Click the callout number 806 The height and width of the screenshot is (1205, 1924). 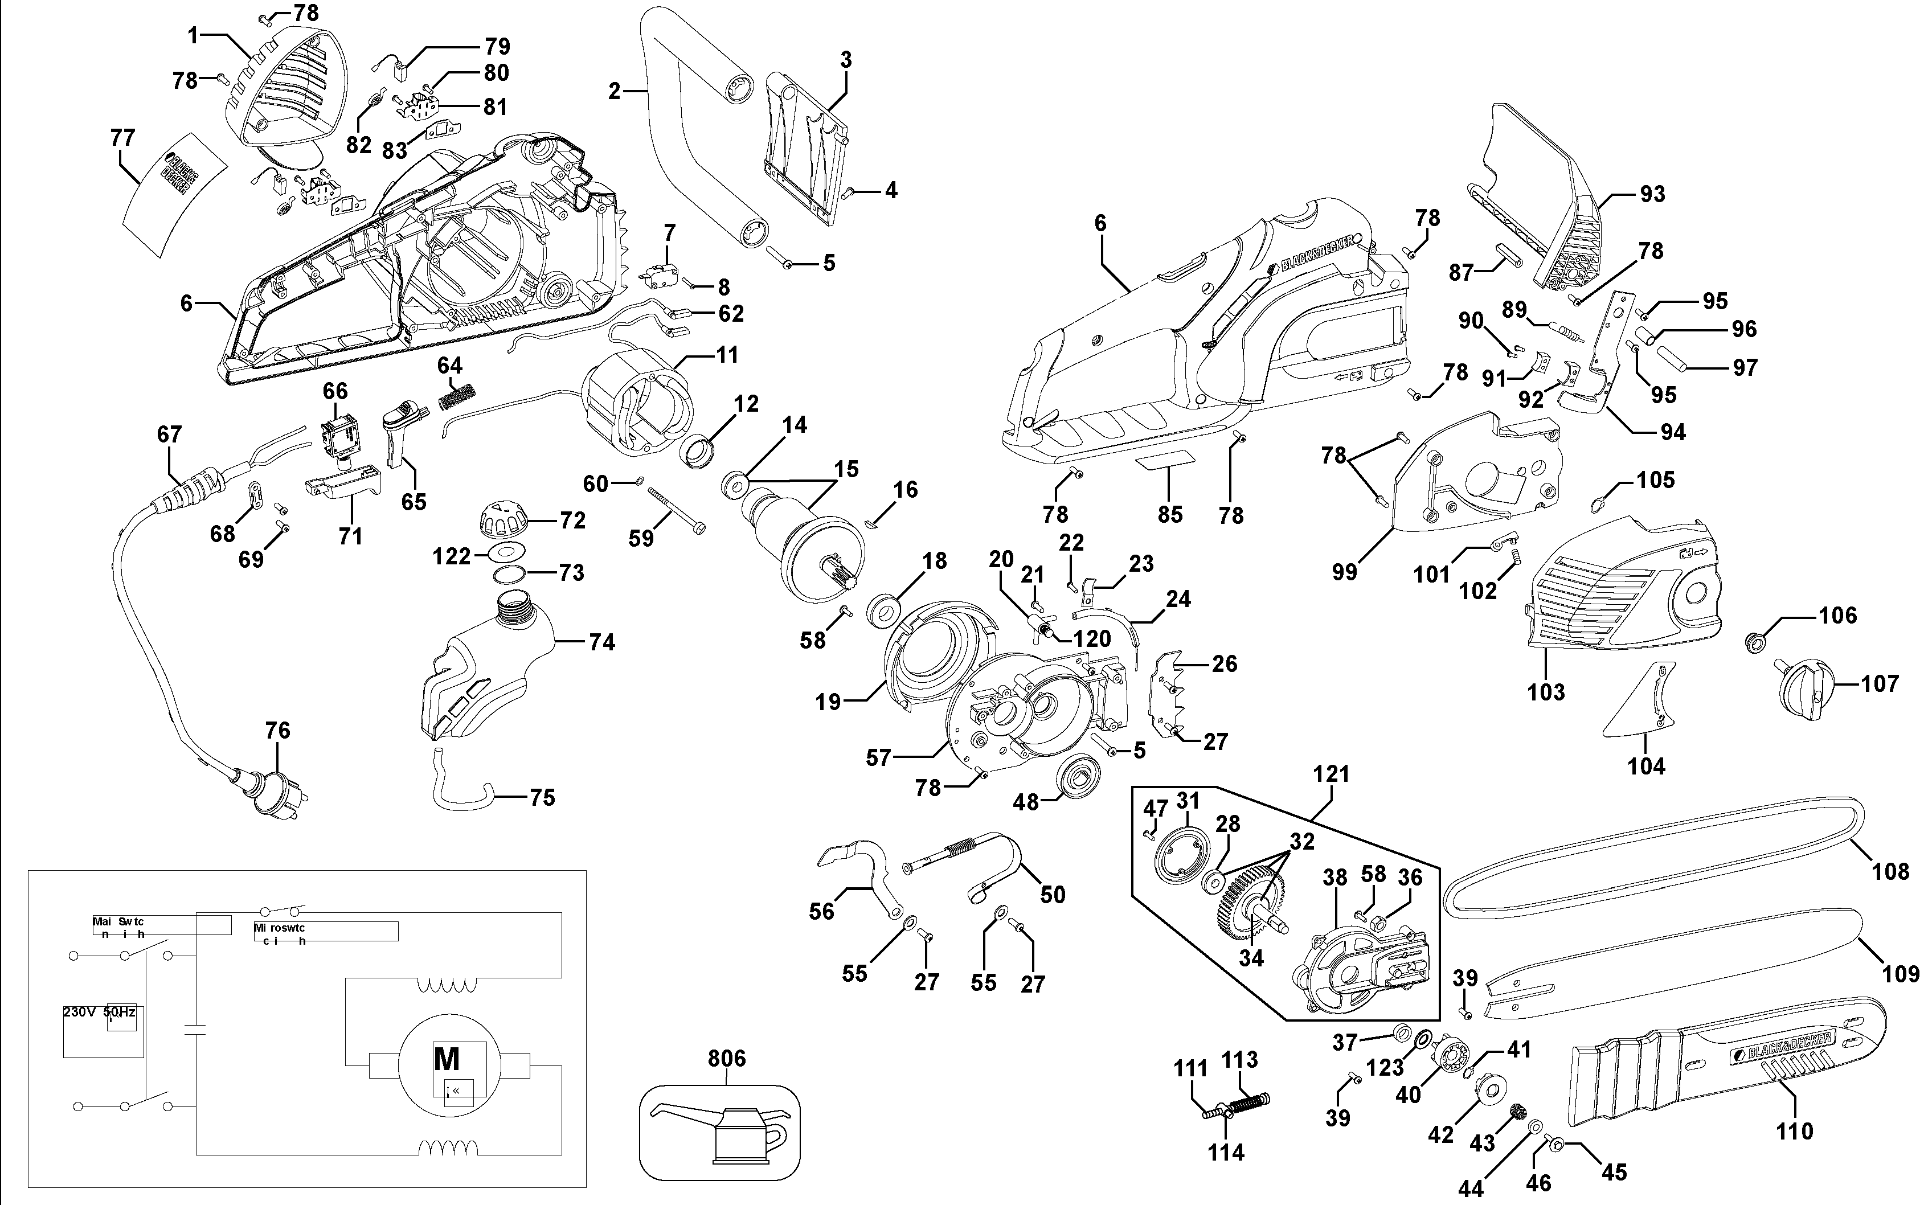coord(726,1058)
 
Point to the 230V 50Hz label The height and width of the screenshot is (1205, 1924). coord(99,1012)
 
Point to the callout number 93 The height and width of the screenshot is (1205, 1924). coord(1652,194)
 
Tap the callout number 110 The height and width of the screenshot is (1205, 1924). coord(1794,1131)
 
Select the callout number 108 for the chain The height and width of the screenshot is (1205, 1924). coord(1890,871)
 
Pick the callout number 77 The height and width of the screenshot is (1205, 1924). coord(122,138)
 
